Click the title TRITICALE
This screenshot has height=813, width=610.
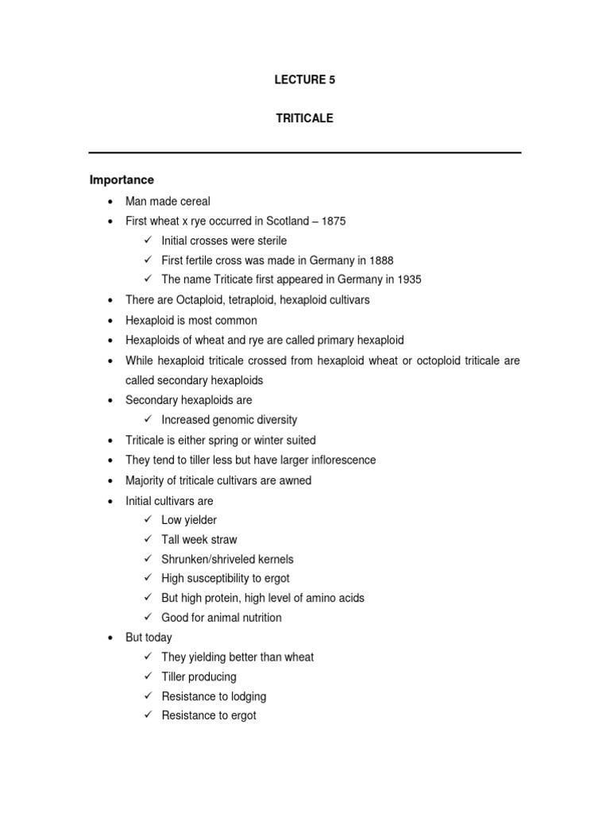[304, 118]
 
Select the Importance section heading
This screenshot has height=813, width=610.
[122, 180]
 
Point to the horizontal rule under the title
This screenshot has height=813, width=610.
[304, 152]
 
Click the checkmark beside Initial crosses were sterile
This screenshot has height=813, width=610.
[148, 241]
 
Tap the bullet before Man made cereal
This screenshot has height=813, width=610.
[108, 202]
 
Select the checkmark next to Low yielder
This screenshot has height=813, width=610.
[148, 520]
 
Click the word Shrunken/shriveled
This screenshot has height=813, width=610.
[208, 559]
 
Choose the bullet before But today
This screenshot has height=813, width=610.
[108, 638]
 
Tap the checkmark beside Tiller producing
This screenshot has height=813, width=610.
[148, 676]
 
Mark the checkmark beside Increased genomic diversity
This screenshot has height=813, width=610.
[148, 420]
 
